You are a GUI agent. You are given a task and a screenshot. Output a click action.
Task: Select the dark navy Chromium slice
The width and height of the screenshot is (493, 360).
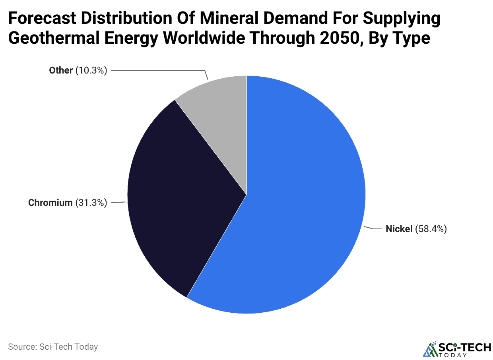tap(179, 199)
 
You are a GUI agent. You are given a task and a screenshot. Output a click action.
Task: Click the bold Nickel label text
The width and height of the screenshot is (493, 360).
tap(399, 229)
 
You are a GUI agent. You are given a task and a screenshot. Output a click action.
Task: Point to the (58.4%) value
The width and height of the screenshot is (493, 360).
tap(431, 229)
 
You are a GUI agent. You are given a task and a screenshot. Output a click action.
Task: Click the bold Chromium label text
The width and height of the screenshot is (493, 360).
tap(50, 203)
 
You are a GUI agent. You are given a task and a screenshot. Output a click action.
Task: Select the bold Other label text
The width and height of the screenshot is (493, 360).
tap(60, 70)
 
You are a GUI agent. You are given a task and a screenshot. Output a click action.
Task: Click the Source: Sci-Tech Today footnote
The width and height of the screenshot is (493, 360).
tap(53, 346)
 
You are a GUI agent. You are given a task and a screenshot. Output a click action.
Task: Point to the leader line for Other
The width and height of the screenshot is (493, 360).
tap(159, 70)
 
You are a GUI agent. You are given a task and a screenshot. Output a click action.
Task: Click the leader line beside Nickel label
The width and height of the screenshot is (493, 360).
tap(373, 228)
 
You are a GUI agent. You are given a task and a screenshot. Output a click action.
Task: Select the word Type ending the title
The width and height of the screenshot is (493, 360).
tap(411, 39)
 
